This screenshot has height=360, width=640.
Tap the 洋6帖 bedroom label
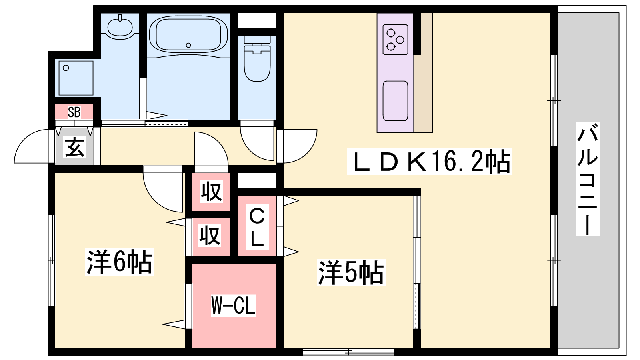pos(119,262)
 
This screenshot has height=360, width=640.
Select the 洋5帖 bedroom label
pos(351,273)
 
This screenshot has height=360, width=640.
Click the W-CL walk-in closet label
pos(233,306)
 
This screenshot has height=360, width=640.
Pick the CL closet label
pos(257,227)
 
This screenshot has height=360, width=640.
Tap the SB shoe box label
pos(74,112)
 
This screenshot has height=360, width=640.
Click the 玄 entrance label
pos(75,147)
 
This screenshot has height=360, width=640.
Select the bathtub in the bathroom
pos(188,34)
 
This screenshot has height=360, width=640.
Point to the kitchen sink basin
pos(395,101)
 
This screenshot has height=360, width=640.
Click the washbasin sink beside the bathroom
pos(120,26)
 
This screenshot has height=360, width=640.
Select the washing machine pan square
pos(76,78)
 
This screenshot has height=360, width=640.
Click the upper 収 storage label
pos(211,192)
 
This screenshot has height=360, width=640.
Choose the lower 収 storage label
pos(210,236)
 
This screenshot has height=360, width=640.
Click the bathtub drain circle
pos(188,45)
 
